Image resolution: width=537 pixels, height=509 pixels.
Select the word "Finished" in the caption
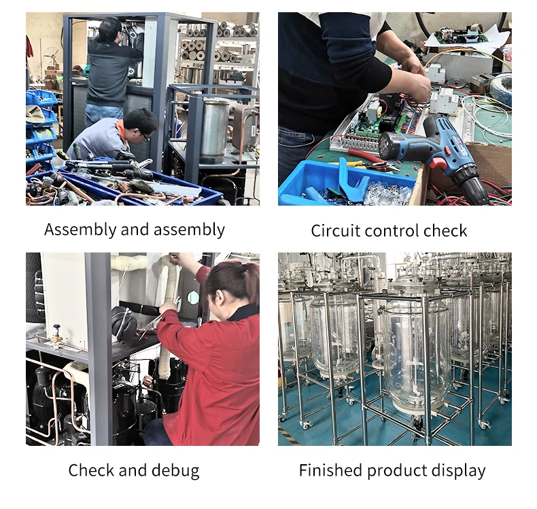(330, 470)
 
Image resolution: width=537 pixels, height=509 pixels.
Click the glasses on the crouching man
(145, 136)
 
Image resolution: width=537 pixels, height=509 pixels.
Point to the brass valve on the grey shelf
(55, 338)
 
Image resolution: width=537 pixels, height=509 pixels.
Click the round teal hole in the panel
(193, 297)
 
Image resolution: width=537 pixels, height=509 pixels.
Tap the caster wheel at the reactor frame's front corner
(305, 424)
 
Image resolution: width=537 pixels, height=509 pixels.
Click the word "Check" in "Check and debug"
(91, 470)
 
